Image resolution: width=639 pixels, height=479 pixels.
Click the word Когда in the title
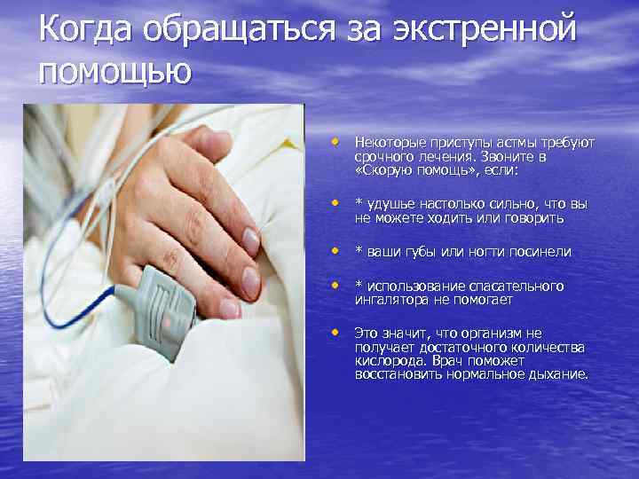[x=85, y=30]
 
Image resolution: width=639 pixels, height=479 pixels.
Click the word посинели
[x=540, y=252]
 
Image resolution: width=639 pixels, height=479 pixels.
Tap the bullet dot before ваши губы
[x=335, y=250]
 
